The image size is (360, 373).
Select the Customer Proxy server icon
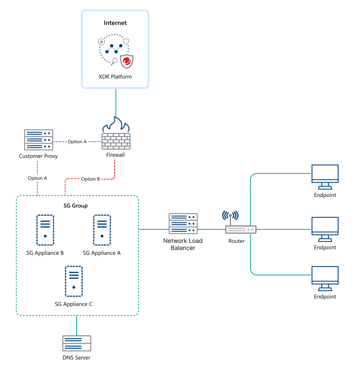(39, 140)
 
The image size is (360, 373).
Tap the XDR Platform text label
(115, 77)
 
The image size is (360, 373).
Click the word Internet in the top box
(115, 23)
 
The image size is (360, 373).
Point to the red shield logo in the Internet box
(127, 62)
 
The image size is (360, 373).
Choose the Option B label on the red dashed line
(90, 179)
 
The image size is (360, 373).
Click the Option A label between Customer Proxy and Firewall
(77, 142)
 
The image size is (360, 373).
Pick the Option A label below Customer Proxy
(37, 178)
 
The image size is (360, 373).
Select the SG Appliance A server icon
(102, 231)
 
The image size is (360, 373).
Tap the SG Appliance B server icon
(45, 231)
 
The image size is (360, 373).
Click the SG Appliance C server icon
(73, 281)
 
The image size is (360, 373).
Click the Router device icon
(241, 229)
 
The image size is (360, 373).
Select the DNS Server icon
(77, 343)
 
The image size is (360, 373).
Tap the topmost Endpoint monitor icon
(325, 176)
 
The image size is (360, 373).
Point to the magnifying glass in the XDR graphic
(114, 61)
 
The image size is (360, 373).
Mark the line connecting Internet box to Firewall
(116, 102)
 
